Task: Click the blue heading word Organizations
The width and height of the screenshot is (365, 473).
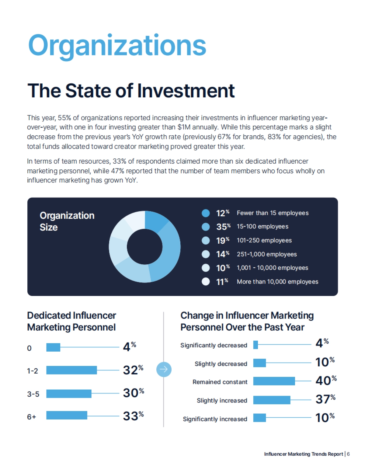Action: coord(117,46)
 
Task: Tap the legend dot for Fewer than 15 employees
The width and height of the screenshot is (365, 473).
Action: coord(206,213)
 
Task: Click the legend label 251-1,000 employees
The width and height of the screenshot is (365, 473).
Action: coord(266,254)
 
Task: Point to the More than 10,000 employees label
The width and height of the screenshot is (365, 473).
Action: coord(277,282)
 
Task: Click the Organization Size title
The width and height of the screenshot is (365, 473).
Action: coord(67,221)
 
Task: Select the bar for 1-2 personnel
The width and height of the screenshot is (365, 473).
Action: coord(71,370)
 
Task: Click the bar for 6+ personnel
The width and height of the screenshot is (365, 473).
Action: coord(67,415)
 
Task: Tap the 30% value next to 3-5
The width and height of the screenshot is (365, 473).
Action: coord(133,393)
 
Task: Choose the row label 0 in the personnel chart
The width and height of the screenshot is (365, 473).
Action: coord(29,348)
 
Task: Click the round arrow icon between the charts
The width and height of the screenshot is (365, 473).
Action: coord(164,369)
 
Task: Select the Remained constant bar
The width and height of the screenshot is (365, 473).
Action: coord(274,381)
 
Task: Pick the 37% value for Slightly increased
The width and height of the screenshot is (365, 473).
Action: coord(325,399)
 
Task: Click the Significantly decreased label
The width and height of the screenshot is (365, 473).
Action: coord(214,345)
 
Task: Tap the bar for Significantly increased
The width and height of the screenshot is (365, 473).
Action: coord(259,418)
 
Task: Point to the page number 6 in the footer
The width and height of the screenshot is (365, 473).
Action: coord(348,454)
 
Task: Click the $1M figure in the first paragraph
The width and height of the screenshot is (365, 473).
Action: coord(184,127)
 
